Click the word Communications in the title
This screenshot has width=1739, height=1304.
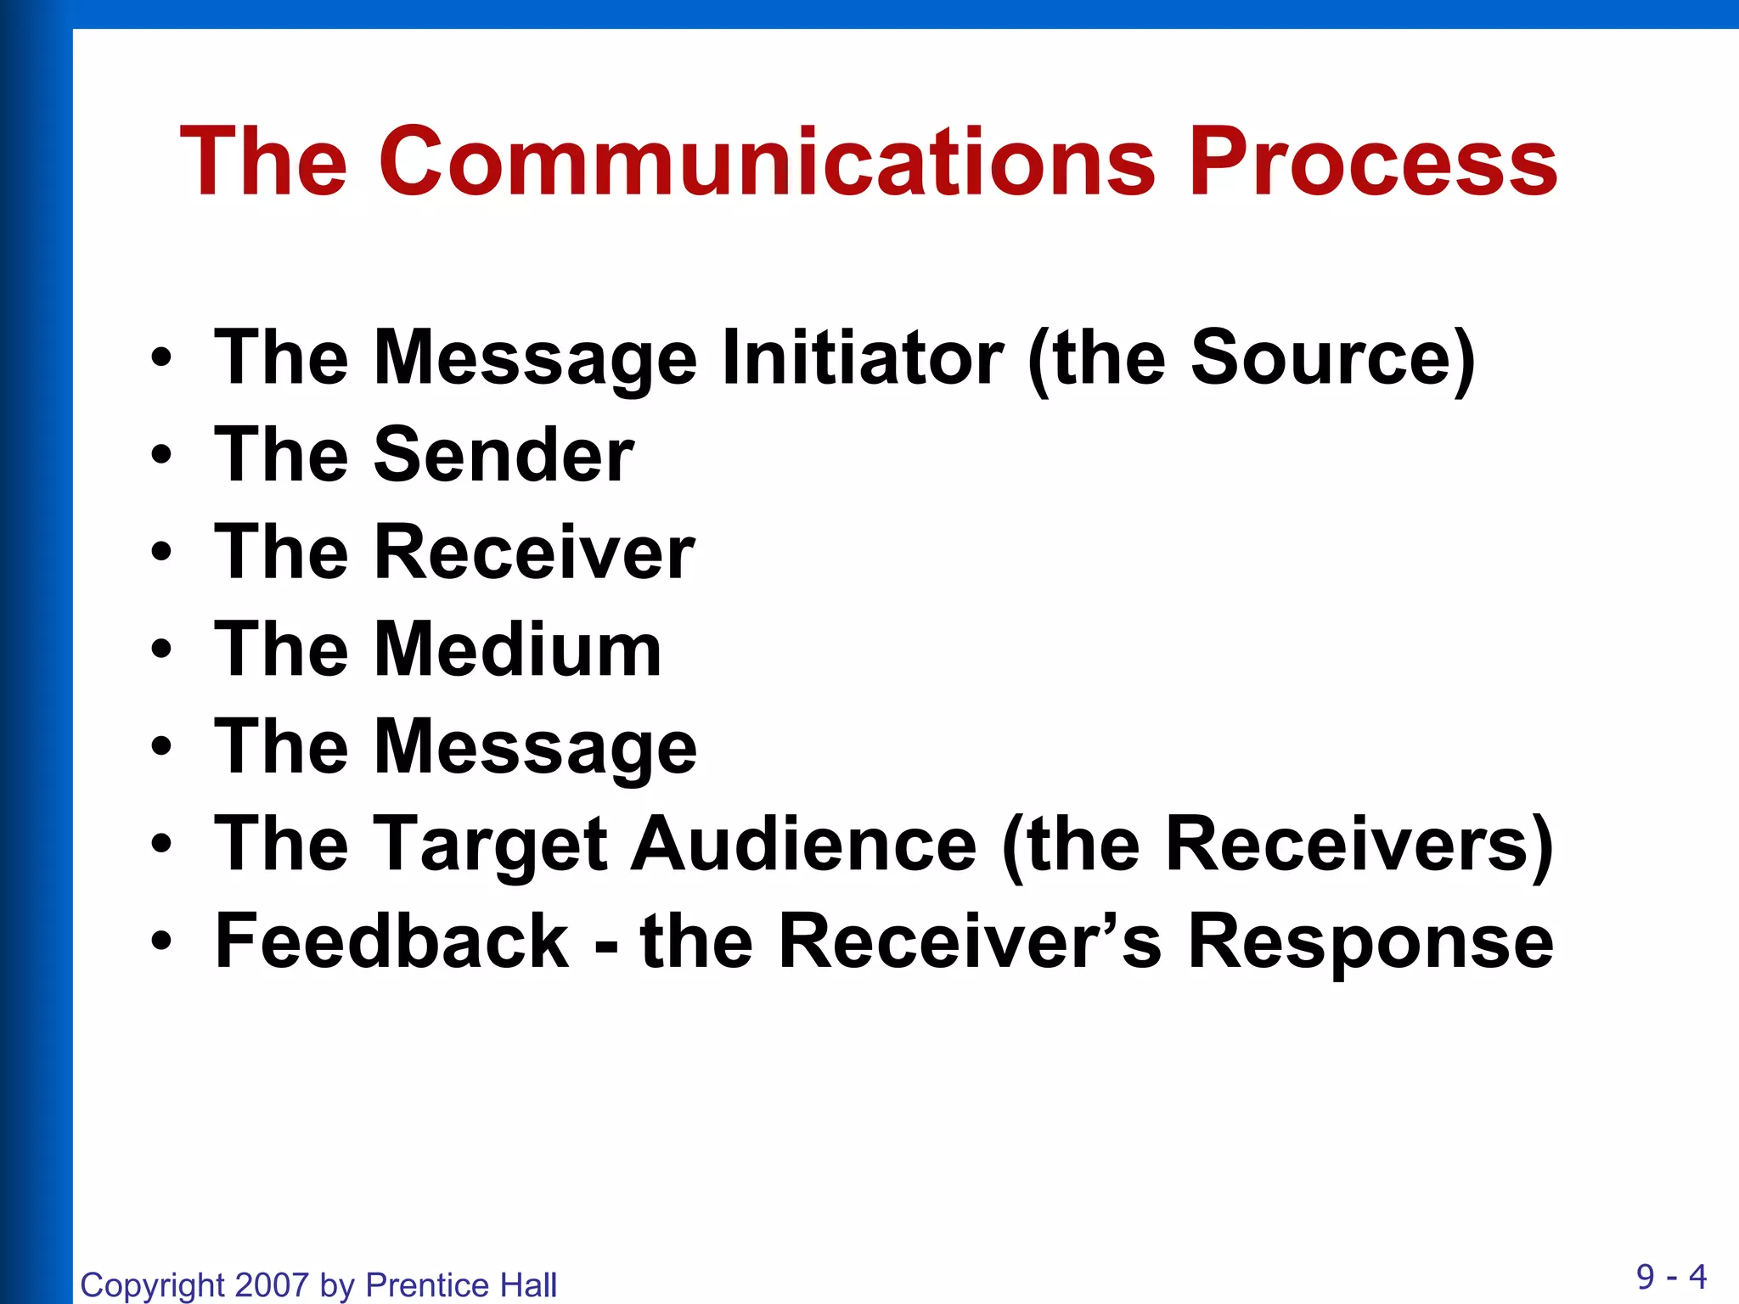[767, 161]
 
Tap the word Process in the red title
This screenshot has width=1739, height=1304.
[1372, 161]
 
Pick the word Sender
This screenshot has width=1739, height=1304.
[504, 455]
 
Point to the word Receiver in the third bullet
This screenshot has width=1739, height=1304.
[534, 553]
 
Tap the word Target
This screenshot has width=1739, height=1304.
[491, 845]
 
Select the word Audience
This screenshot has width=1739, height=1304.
[803, 845]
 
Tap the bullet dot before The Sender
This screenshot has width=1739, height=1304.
[161, 456]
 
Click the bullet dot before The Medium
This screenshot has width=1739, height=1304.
[161, 650]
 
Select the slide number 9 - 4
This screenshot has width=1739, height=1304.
[1671, 1276]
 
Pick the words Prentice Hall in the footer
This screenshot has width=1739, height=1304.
[461, 1285]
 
